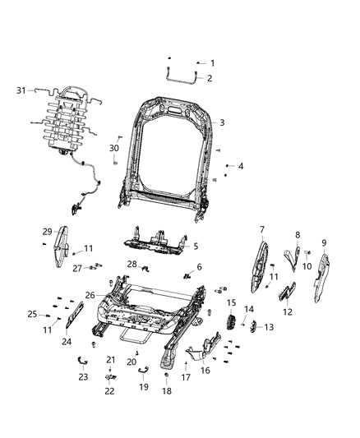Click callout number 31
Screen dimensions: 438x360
(22, 90)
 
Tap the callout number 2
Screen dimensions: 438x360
(210, 78)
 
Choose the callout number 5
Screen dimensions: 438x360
(195, 245)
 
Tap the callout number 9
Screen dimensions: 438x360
(323, 242)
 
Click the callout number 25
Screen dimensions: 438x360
(34, 314)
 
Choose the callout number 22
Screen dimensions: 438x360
(109, 391)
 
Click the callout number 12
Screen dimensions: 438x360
(287, 311)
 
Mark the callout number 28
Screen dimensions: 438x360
(132, 263)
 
